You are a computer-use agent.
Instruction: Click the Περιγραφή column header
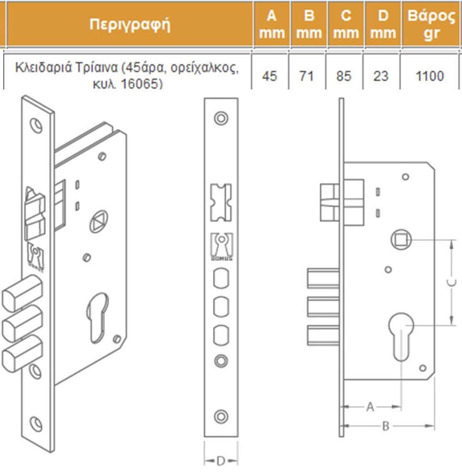(x=130, y=25)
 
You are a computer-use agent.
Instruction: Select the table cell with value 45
(x=270, y=76)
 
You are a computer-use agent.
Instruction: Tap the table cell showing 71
(x=306, y=76)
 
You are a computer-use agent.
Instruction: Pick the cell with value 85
(x=344, y=76)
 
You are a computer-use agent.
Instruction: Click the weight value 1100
(x=429, y=76)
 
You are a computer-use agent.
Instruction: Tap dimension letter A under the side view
(x=370, y=407)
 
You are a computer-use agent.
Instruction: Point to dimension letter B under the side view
(x=385, y=426)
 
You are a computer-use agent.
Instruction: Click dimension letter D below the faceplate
(x=221, y=461)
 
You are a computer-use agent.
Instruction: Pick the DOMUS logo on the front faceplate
(x=221, y=247)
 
